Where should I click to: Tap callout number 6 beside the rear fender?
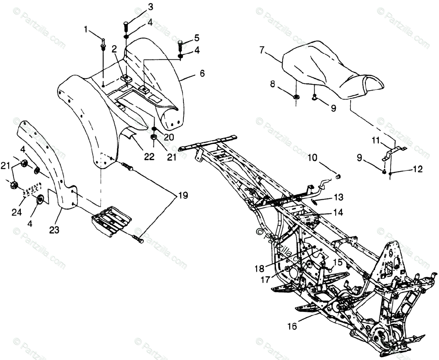(202, 73)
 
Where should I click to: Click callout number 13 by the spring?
(338, 197)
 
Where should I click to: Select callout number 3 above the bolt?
(130, 7)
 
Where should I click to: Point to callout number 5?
(196, 37)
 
